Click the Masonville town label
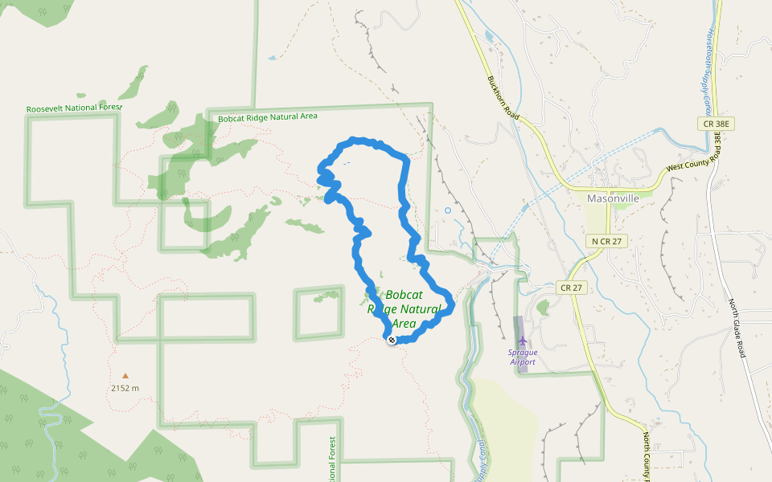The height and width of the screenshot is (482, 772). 613,198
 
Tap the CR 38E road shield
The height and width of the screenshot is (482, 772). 715,124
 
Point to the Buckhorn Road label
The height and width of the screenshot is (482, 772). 504,100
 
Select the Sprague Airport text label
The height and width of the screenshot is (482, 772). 522,357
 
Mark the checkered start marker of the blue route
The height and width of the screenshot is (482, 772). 392,341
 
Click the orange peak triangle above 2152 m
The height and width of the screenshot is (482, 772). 125,375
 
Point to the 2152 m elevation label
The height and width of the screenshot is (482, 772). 125,388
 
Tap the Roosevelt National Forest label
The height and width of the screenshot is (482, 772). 73,108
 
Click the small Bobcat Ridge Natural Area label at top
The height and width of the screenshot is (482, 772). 268,117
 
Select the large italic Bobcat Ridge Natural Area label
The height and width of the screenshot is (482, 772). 404,309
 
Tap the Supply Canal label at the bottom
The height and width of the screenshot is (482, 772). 480,461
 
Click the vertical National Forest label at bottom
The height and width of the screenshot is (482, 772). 331,460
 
